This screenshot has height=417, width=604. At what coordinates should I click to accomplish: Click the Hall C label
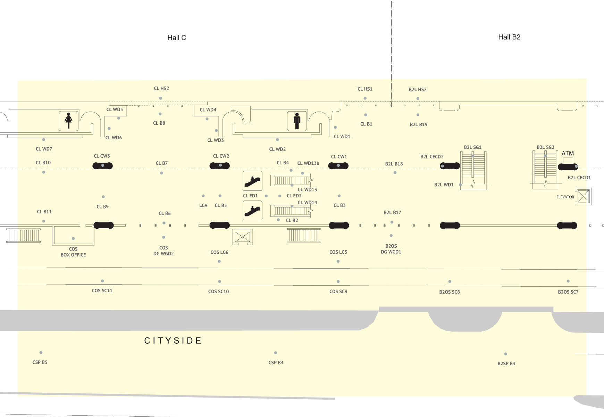pyautogui.click(x=177, y=38)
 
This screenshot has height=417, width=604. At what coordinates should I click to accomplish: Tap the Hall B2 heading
pyautogui.click(x=509, y=37)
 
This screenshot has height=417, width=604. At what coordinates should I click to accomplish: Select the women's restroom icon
pyautogui.click(x=68, y=121)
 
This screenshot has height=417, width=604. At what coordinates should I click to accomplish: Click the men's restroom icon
pyautogui.click(x=297, y=121)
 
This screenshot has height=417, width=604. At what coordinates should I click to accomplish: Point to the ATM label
pyautogui.click(x=568, y=153)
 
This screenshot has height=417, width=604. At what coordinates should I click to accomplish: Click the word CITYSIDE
pyautogui.click(x=173, y=341)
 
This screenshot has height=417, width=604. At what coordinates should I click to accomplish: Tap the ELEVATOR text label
pyautogui.click(x=565, y=197)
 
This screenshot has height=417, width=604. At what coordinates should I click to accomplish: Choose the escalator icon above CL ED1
pyautogui.click(x=252, y=181)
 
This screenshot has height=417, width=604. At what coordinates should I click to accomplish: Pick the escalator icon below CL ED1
pyautogui.click(x=252, y=211)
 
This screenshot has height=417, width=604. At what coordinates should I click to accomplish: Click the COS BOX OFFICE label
pyautogui.click(x=73, y=252)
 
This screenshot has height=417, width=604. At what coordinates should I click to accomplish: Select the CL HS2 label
pyautogui.click(x=161, y=89)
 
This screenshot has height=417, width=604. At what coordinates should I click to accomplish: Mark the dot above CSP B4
pyautogui.click(x=276, y=353)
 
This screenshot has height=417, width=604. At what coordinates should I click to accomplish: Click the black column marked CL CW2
pyautogui.click(x=220, y=166)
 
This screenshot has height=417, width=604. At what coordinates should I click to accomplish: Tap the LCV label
pyautogui.click(x=203, y=205)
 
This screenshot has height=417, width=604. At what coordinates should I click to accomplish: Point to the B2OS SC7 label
pyautogui.click(x=568, y=292)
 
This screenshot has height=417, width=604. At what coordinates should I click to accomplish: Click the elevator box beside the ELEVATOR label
pyautogui.click(x=583, y=196)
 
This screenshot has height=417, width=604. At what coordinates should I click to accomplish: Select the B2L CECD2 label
pyautogui.click(x=432, y=157)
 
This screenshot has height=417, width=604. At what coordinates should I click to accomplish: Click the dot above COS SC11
pyautogui.click(x=102, y=281)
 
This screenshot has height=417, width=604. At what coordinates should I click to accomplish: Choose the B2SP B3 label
pyautogui.click(x=506, y=363)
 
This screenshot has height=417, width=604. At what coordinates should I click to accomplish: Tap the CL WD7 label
pyautogui.click(x=44, y=149)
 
